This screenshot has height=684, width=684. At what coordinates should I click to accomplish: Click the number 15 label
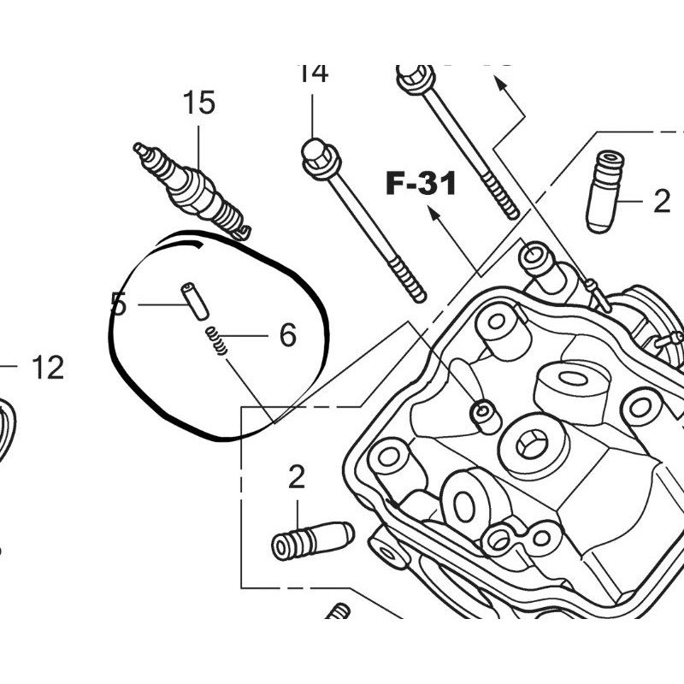point(198,103)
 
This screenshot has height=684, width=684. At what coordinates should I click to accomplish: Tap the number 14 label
point(313,74)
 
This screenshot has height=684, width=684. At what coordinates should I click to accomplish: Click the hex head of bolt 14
point(316,155)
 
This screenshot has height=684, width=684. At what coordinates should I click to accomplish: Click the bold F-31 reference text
point(421,183)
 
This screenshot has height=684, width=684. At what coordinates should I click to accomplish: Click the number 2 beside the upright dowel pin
point(662,202)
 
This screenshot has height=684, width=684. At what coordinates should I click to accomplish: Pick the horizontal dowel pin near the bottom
point(312,539)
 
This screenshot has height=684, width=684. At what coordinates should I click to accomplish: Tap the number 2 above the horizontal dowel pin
point(296,477)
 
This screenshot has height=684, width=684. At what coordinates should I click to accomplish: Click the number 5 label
point(118,304)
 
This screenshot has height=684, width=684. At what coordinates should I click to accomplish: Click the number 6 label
point(287,335)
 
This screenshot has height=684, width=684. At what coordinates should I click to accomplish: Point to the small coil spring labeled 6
point(217,340)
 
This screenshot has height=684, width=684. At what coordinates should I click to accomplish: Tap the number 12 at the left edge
point(48,369)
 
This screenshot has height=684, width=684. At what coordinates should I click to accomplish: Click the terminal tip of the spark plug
point(139,150)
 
